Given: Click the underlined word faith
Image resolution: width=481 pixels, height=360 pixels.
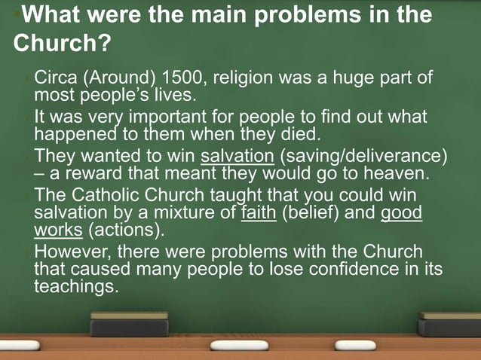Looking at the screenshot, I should [259, 212].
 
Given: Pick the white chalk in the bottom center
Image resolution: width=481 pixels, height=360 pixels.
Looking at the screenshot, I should [239, 345].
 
